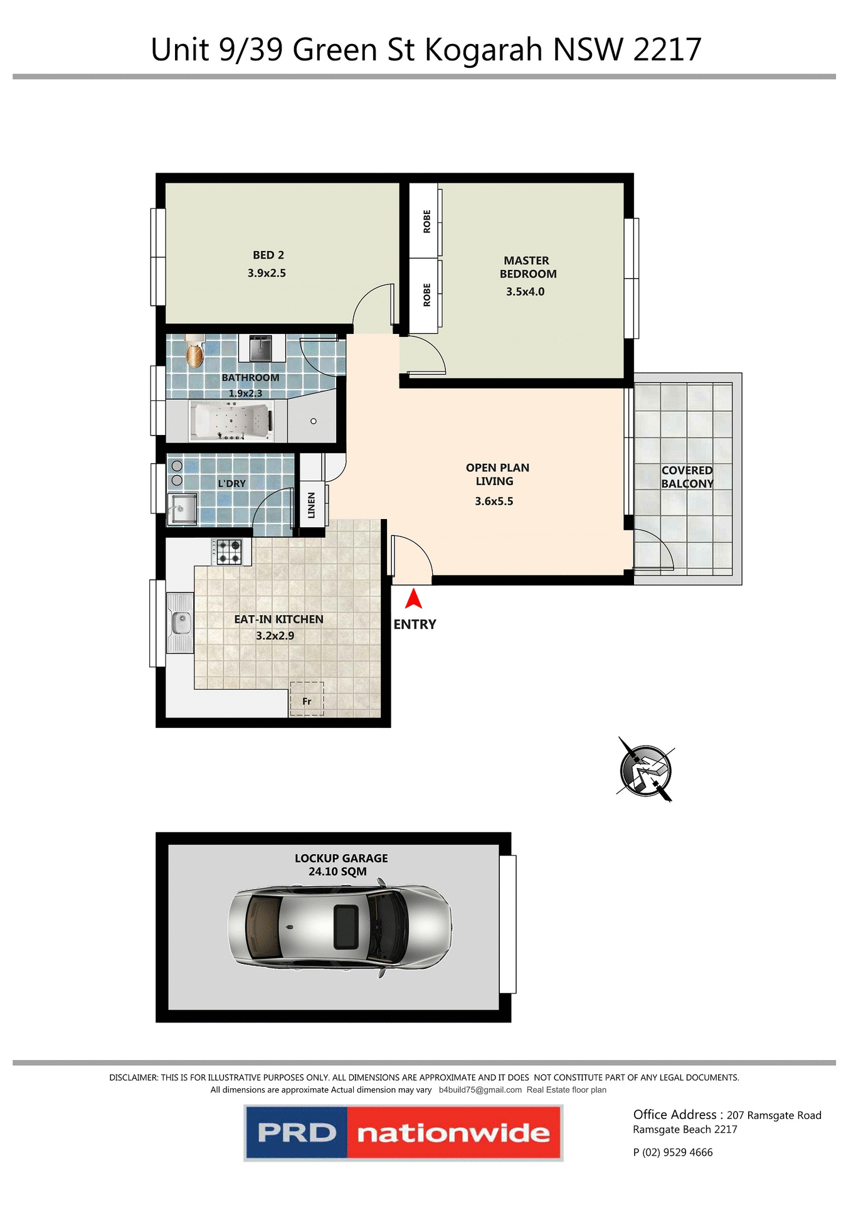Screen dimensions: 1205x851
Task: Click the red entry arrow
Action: (413, 599)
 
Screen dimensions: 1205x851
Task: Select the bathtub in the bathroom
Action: (232, 421)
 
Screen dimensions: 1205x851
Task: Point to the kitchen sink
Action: (181, 623)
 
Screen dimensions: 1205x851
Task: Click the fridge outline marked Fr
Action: (307, 699)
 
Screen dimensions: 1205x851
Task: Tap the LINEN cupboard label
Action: (312, 505)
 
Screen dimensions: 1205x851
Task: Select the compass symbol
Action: (645, 770)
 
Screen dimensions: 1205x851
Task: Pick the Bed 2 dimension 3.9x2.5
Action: (267, 274)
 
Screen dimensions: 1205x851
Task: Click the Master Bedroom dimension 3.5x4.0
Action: (525, 292)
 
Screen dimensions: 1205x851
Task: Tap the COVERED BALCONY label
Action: (687, 477)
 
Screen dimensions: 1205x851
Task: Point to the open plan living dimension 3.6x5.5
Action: (494, 501)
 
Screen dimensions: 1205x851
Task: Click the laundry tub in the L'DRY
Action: (182, 508)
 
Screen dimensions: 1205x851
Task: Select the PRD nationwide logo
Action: (403, 1133)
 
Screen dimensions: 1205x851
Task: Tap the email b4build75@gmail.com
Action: (480, 1090)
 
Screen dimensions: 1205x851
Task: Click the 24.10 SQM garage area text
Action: (337, 872)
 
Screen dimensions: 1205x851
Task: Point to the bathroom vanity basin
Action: (261, 348)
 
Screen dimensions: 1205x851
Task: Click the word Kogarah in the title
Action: (483, 50)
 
